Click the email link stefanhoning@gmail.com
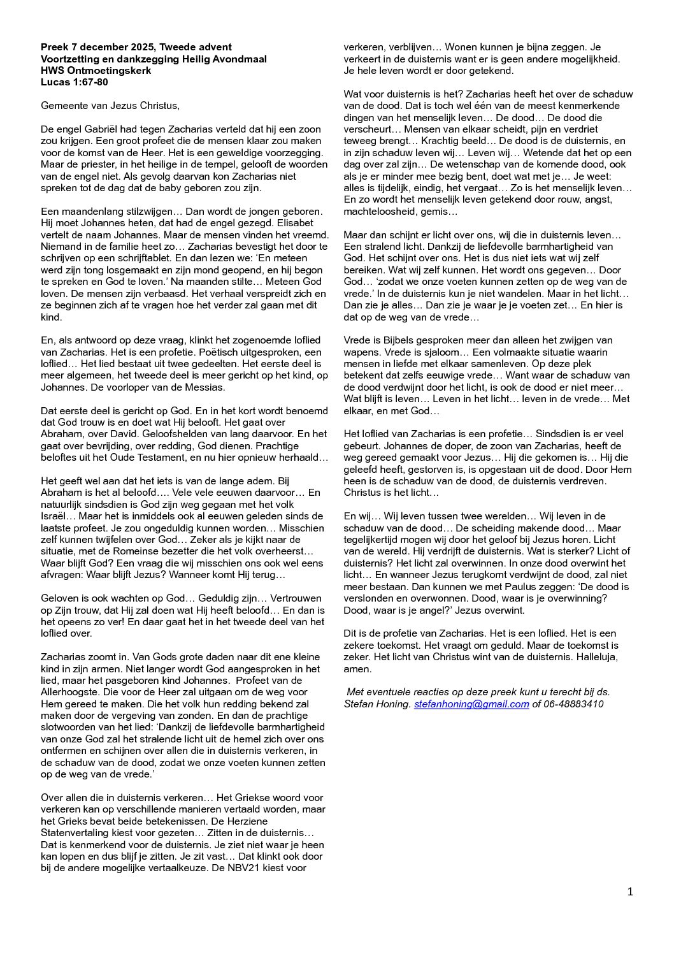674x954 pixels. pos(471,704)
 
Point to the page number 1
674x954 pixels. pos(630,892)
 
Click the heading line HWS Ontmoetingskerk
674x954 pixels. pos(96,71)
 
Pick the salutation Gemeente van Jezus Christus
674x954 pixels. pos(110,106)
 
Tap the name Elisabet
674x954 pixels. pos(292,223)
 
